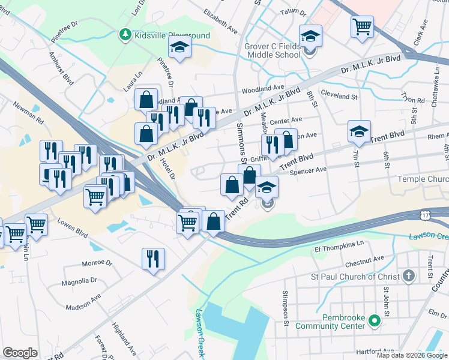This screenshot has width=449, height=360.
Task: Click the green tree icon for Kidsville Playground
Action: tap(125, 35)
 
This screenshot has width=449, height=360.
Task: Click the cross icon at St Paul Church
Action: tap(409, 276)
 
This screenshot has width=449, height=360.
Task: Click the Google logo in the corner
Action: tap(20, 352)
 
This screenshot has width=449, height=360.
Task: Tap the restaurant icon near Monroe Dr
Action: tap(152, 259)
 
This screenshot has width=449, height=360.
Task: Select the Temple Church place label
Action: tap(422, 179)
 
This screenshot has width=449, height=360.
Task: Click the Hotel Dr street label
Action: tap(168, 169)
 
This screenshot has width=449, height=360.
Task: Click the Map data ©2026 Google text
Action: tap(411, 355)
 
